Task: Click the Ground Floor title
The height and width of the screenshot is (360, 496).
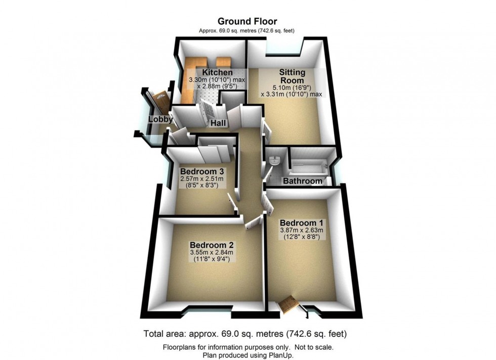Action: coord(247,21)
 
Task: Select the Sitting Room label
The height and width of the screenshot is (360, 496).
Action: coord(292,76)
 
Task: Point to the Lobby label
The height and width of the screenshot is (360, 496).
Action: coord(160,120)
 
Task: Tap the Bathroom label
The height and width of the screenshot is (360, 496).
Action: coord(302,181)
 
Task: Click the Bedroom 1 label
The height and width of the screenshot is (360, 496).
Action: coord(302,222)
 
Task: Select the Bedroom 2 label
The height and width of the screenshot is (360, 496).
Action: coord(212,244)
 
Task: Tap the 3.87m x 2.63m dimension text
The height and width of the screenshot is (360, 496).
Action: coord(302,231)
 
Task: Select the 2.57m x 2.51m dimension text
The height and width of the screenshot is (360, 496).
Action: coord(202,178)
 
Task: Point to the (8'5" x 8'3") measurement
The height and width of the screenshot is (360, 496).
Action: coord(202,186)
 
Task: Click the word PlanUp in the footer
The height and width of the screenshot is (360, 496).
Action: coord(281,355)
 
